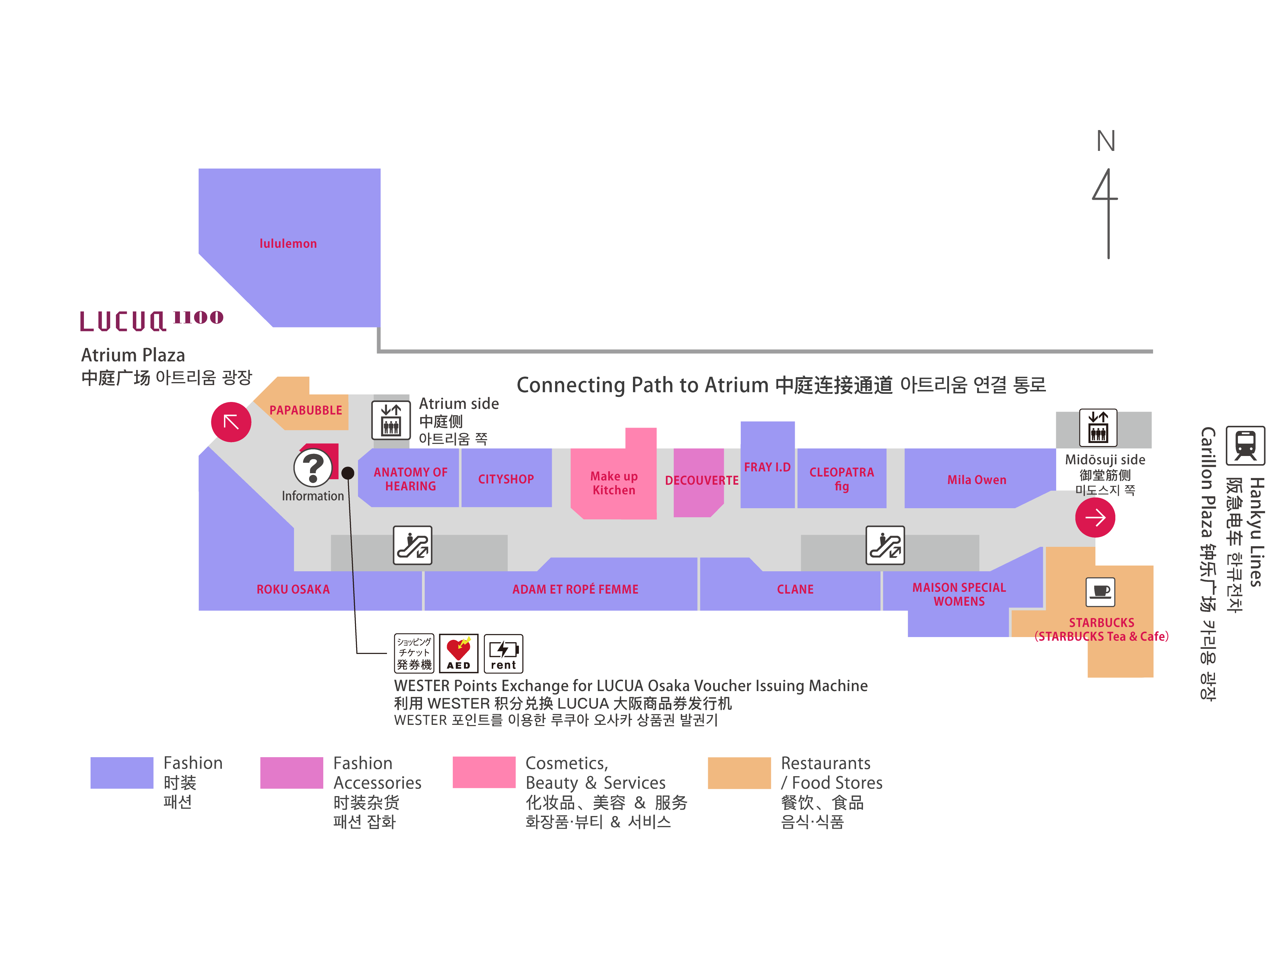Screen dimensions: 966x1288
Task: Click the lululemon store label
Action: (288, 244)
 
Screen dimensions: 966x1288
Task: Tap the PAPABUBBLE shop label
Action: (306, 410)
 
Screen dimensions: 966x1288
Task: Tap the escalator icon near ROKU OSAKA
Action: (412, 545)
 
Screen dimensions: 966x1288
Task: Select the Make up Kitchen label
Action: (614, 483)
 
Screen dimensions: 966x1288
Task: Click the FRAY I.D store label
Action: (767, 467)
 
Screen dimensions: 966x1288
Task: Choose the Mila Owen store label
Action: (976, 480)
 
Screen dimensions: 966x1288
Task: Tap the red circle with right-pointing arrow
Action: (1095, 517)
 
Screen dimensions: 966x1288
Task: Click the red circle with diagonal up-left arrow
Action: (231, 422)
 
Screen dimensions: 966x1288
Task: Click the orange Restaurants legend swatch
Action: (739, 773)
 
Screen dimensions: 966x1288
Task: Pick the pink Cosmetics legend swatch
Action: (484, 773)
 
